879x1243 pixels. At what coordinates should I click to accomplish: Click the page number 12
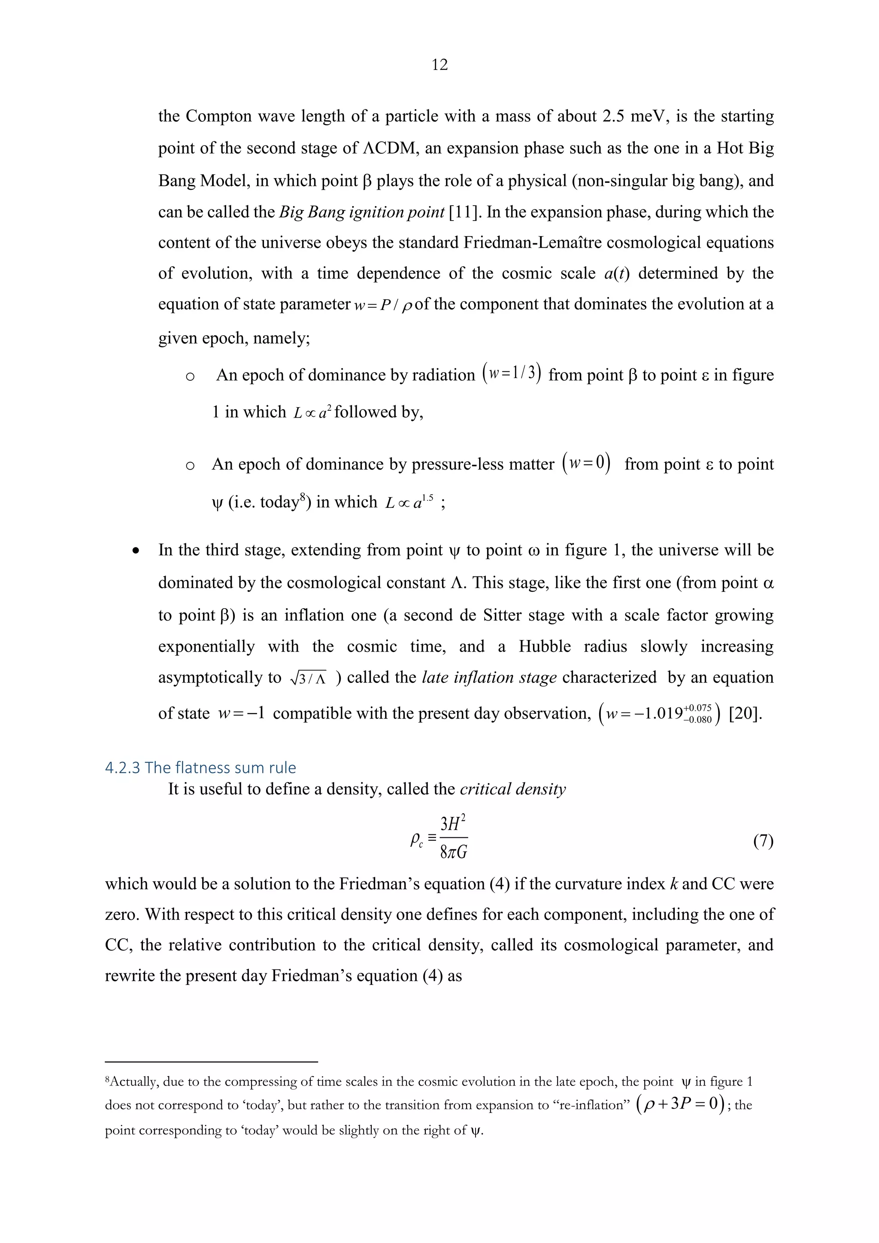pos(439,65)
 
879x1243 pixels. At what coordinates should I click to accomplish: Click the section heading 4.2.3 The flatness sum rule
pos(200,768)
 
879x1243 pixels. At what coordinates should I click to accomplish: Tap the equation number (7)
pos(763,841)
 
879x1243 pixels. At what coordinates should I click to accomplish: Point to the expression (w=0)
pos(586,464)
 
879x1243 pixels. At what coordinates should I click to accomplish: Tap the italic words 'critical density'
pos(512,789)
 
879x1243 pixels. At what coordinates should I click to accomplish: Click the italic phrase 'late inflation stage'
pos(489,677)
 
